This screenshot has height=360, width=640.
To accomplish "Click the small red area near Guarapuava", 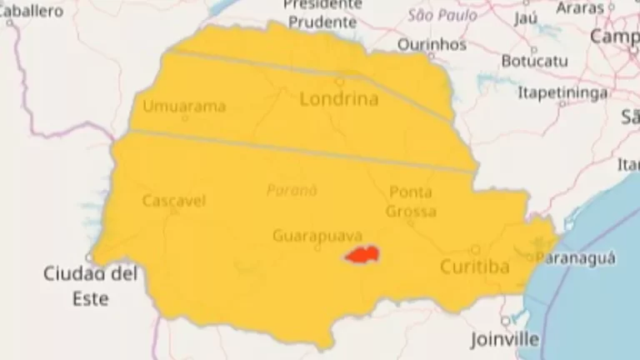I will (x=362, y=255).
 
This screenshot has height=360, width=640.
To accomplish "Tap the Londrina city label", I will (x=338, y=99).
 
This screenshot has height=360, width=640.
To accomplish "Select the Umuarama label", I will (x=184, y=106).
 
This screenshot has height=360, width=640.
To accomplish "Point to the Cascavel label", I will (x=173, y=201).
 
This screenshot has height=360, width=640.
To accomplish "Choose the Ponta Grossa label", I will (x=411, y=202).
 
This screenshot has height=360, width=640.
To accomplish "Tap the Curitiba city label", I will (x=474, y=267).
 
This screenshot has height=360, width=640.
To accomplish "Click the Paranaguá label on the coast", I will (x=576, y=258).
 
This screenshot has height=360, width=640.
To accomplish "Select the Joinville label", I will (x=504, y=339).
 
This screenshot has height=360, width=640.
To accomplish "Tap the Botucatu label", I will (x=535, y=61).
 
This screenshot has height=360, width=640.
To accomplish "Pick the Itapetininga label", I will (x=562, y=92).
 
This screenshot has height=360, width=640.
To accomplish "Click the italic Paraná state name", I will (x=292, y=190).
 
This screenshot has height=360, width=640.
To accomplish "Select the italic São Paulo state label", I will (x=442, y=15).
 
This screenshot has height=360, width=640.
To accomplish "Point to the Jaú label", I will (x=526, y=17).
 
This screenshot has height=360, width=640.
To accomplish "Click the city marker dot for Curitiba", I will (x=475, y=248).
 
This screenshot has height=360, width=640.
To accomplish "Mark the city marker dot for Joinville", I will (x=505, y=321).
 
